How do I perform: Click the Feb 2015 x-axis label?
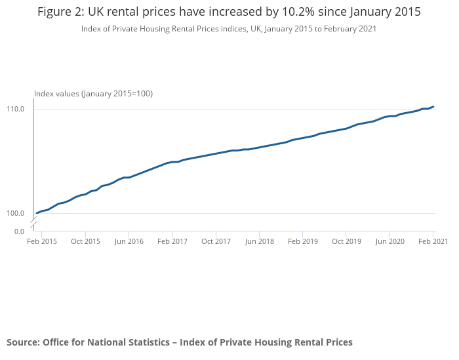coord(42,241)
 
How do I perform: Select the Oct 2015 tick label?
coord(85,241)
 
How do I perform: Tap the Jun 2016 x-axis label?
coord(129,241)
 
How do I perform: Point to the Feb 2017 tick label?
coord(172,241)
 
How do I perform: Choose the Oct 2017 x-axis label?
coord(216,241)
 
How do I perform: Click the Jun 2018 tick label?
coord(259,241)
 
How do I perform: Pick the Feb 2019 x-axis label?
coord(303,241)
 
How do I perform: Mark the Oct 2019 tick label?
coord(346,241)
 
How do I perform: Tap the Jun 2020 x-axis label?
coord(389,241)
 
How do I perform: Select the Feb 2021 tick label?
coord(433,241)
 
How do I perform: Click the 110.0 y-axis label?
coord(15,109)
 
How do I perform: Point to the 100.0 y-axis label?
coord(15,213)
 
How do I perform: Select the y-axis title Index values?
coord(93,94)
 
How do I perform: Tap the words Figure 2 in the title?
coord(61,12)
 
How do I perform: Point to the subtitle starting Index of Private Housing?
coord(229,29)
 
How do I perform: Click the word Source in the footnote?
coord(22,342)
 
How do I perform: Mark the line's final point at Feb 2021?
coord(433,107)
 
